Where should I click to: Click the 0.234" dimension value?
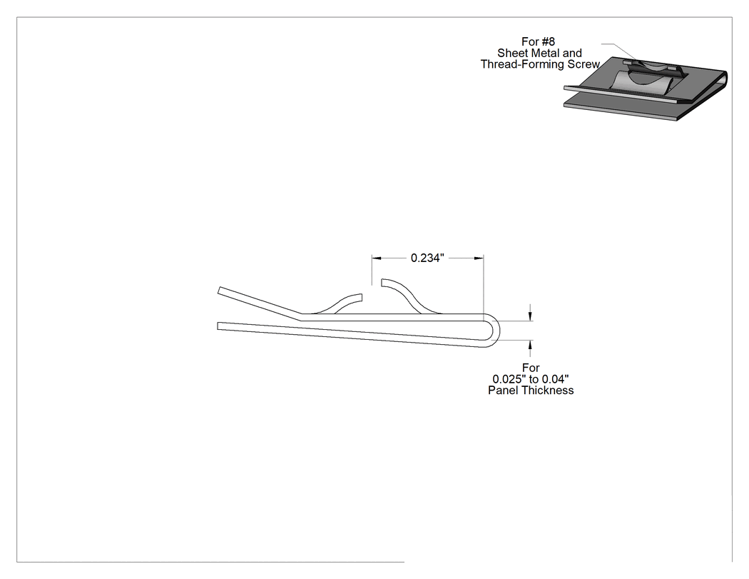(x=427, y=258)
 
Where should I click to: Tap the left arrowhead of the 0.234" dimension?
(x=377, y=258)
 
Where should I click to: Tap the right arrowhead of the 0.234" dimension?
(x=479, y=258)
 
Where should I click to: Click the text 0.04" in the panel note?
(x=556, y=379)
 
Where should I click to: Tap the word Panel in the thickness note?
(x=501, y=391)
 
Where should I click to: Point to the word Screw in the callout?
(x=584, y=64)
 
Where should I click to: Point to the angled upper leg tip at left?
(x=219, y=291)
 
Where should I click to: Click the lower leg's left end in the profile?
(x=218, y=326)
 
